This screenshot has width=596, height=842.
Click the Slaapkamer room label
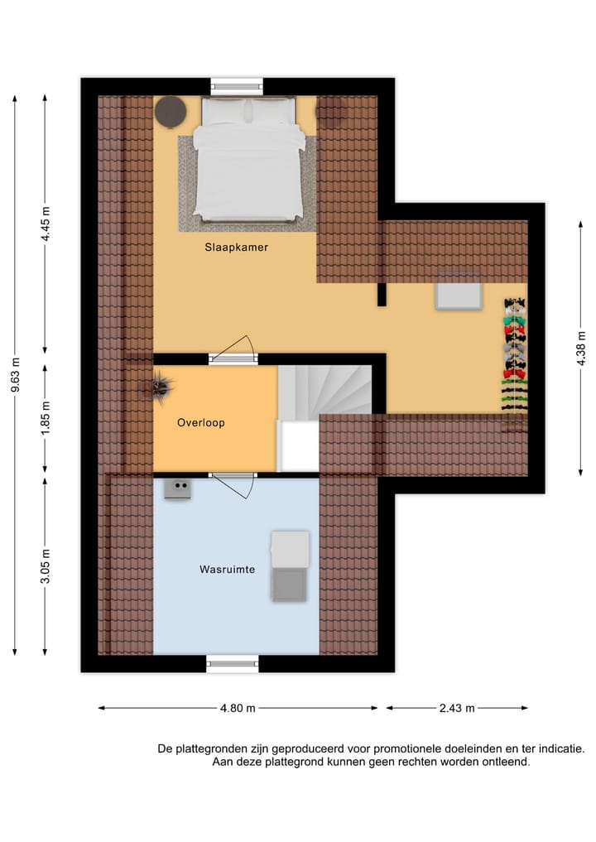click(237, 247)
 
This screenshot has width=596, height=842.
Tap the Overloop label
click(201, 422)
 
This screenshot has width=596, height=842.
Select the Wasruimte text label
click(226, 570)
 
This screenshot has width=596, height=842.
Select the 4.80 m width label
click(237, 708)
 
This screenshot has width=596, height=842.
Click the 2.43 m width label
click(457, 708)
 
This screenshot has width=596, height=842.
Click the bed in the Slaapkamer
click(248, 161)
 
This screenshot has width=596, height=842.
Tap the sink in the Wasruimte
click(178, 489)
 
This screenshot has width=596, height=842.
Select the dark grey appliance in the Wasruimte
click(290, 585)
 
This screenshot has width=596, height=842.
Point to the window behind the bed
click(237, 84)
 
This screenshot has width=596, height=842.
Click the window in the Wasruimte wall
click(232, 662)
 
